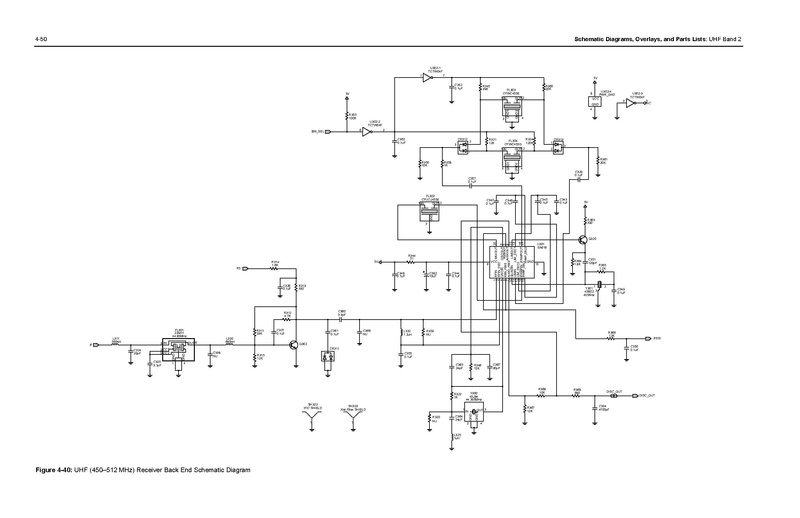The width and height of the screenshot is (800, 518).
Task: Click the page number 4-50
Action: pyautogui.click(x=41, y=39)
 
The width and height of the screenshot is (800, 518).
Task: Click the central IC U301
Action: pyautogui.click(x=512, y=261)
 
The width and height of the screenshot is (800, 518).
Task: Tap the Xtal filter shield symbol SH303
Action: pyautogui.click(x=351, y=421)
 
